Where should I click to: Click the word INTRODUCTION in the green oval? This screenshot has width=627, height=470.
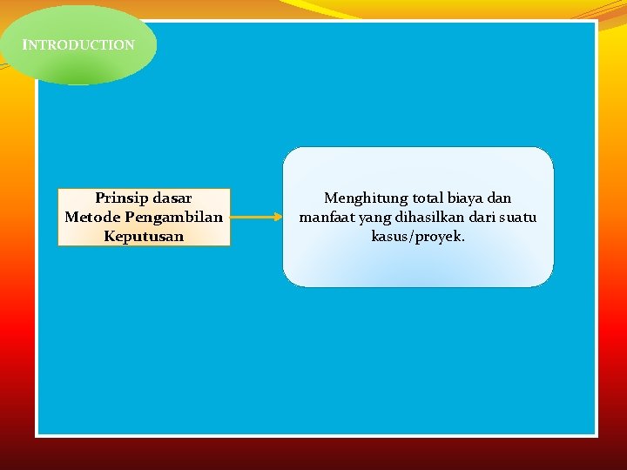click(x=79, y=44)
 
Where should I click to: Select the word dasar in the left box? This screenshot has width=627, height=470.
click(x=172, y=198)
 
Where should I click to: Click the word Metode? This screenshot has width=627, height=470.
click(x=92, y=217)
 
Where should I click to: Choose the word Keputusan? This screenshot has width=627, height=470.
click(x=144, y=236)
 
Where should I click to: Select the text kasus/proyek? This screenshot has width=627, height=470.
click(x=418, y=236)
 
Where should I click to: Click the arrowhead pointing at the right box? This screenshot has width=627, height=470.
click(x=277, y=217)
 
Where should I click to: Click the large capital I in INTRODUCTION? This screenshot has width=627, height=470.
click(x=25, y=44)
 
